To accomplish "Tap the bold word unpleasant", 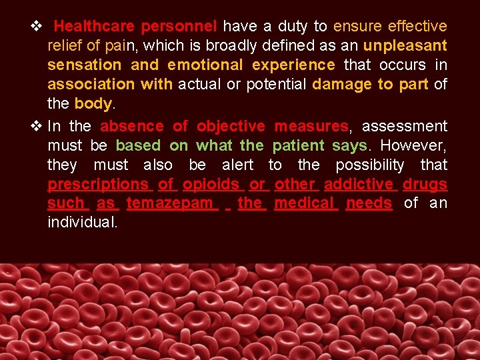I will pyautogui.click(x=405, y=46).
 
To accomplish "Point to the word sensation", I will pyautogui.click(x=84, y=65).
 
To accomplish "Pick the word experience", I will pyautogui.click(x=293, y=65).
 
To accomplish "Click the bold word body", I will pyautogui.click(x=92, y=104).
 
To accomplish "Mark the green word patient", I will pyautogui.click(x=298, y=145).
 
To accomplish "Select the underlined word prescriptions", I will pyautogui.click(x=98, y=184).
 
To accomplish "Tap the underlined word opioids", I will pyautogui.click(x=211, y=184).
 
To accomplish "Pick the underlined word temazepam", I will pyautogui.click(x=170, y=203).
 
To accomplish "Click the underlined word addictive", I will pyautogui.click(x=359, y=184).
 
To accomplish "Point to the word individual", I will pyautogui.click(x=83, y=223).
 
